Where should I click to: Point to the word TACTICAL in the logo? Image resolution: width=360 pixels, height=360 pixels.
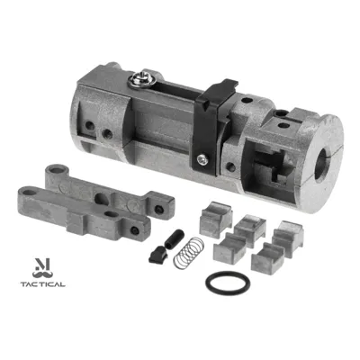[43, 284]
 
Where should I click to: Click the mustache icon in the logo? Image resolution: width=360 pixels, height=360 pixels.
[42, 274]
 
